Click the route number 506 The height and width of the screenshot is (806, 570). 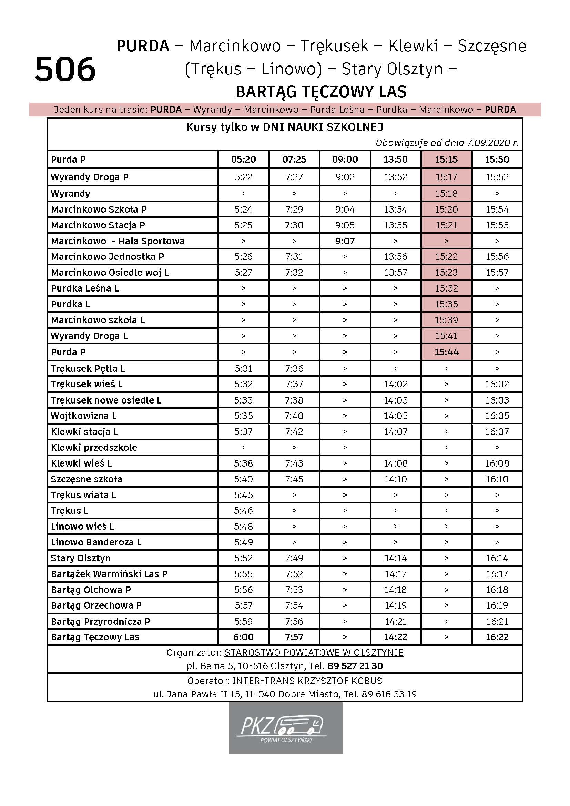tap(65, 69)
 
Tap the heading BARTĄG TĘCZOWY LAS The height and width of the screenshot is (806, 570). tap(321, 92)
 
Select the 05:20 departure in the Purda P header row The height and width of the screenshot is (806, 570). tap(243, 160)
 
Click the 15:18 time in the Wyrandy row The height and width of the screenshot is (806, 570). tap(446, 193)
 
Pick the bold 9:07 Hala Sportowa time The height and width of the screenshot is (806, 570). tap(345, 241)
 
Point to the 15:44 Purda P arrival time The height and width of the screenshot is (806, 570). tap(446, 352)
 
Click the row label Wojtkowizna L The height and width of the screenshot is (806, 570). tap(83, 416)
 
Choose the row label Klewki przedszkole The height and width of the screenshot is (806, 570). tap(94, 448)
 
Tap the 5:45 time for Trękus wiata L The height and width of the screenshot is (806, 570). tap(243, 495)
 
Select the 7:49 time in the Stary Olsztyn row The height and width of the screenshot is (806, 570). tap(294, 558)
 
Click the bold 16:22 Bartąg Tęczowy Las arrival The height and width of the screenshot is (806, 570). tap(497, 637)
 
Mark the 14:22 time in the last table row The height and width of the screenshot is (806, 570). tap(396, 637)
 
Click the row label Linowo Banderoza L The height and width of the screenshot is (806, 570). tap(96, 542)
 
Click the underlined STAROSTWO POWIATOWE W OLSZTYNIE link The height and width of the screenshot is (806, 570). tap(314, 653)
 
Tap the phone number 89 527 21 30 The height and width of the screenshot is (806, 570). tap(355, 666)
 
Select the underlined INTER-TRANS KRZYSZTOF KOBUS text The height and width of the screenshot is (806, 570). tap(307, 681)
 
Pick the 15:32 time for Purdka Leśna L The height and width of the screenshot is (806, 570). tap(446, 288)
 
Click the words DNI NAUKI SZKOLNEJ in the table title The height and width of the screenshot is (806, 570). tap(323, 127)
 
